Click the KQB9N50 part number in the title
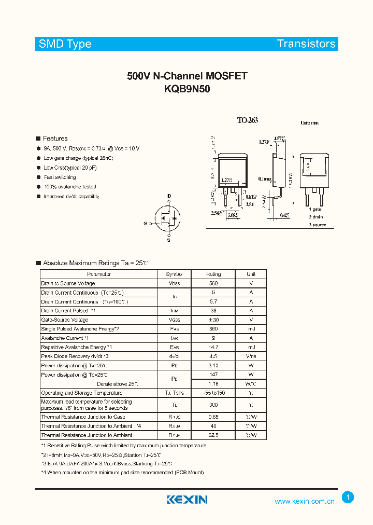187,89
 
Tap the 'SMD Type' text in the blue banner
65,44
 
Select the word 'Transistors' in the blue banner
306,44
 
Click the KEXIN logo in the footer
187,500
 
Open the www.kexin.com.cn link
304,501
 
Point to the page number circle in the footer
348,498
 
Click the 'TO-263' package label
248,120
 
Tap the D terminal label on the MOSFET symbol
169,196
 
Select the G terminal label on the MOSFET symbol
146,224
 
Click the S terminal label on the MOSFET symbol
169,240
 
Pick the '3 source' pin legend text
318,225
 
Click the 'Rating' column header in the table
213,274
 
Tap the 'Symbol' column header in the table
174,274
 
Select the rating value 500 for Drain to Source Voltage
213,283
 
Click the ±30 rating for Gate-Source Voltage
213,320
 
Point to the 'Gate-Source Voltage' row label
65,320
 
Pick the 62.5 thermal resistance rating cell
213,435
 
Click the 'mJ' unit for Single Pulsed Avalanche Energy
251,329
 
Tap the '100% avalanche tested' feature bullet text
70,187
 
